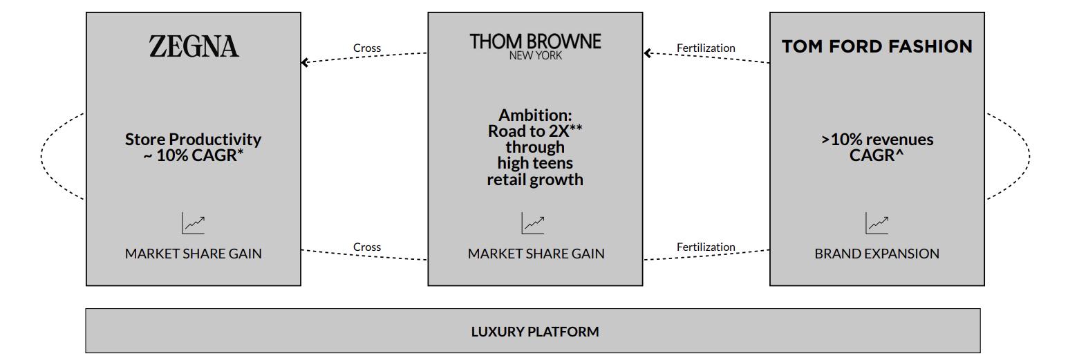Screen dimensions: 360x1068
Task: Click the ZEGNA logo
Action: (x=194, y=47)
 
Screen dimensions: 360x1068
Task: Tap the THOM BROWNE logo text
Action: (x=535, y=41)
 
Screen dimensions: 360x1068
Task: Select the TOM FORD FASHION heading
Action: (x=877, y=46)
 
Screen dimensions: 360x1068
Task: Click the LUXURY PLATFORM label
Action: (x=534, y=332)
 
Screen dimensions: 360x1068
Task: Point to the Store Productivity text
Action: (x=193, y=140)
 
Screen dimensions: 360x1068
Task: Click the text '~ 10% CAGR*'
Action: (x=193, y=155)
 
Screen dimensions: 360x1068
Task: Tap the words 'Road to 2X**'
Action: (x=535, y=131)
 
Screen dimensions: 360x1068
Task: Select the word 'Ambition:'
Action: (x=535, y=115)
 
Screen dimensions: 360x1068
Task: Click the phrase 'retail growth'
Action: (x=535, y=180)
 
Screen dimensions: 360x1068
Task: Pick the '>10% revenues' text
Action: (x=877, y=140)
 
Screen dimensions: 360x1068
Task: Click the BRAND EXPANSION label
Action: (x=877, y=254)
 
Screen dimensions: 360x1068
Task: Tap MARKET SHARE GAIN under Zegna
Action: (x=193, y=254)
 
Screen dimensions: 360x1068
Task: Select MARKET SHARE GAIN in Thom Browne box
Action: (x=536, y=254)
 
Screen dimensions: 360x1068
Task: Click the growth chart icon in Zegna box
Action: (x=194, y=223)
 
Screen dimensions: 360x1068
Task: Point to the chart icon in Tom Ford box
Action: (x=877, y=223)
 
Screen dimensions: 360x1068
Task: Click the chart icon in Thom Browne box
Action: (x=533, y=223)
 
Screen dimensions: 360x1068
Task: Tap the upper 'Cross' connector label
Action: (x=366, y=48)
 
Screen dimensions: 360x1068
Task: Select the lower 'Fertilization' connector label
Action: (x=706, y=247)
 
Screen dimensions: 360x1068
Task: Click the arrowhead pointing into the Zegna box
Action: (x=305, y=62)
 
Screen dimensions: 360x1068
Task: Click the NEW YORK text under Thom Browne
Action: (x=535, y=56)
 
